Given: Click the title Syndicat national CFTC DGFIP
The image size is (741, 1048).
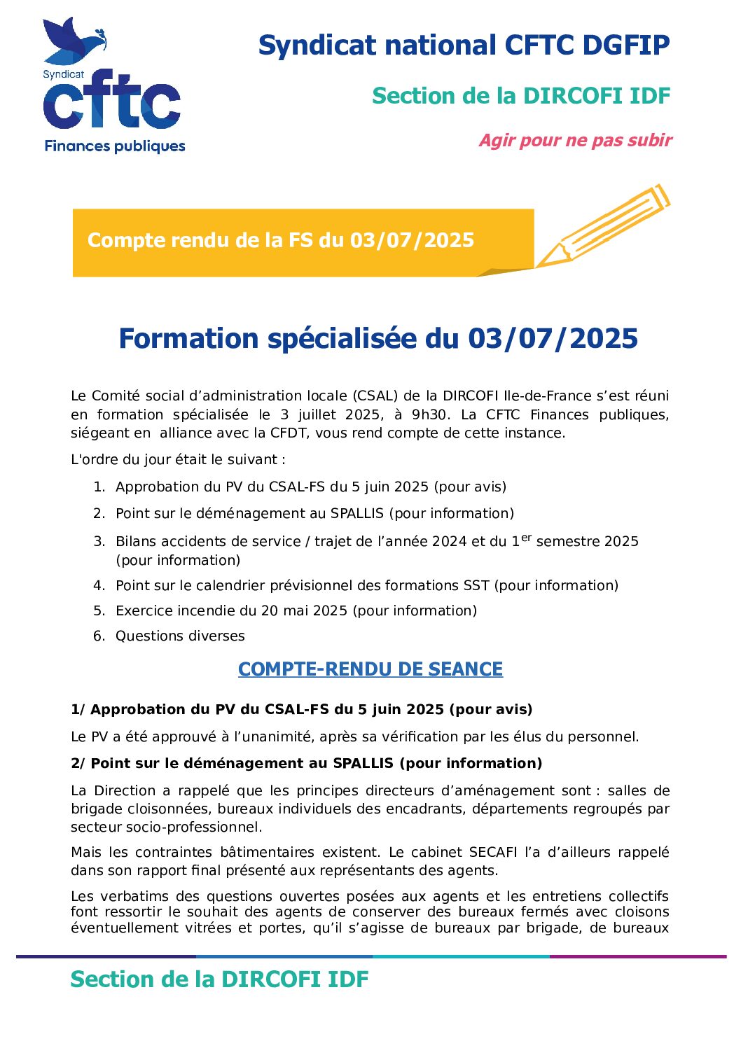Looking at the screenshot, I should [464, 46].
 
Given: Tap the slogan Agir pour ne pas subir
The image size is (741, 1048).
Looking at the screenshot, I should [575, 141].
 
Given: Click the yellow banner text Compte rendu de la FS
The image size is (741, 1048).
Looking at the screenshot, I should [280, 241].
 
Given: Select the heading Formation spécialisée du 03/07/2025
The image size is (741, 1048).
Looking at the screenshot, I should [378, 339].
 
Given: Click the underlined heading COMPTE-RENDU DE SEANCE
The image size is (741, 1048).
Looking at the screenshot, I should [370, 670].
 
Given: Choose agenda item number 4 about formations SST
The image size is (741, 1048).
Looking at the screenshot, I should [366, 586].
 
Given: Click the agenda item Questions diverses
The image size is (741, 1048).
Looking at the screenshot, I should [180, 636].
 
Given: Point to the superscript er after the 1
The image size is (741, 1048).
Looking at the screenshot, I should [526, 538].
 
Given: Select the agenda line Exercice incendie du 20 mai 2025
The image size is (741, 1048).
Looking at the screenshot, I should [296, 611].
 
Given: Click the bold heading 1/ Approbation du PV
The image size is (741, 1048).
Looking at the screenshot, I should [301, 710].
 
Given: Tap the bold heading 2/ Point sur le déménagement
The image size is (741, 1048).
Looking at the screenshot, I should [306, 764].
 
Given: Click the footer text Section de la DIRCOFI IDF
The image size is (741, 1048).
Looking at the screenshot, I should [219, 979].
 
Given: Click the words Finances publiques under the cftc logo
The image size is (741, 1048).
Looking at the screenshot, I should [115, 146].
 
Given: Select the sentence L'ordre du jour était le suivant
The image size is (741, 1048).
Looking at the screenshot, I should [178, 460].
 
